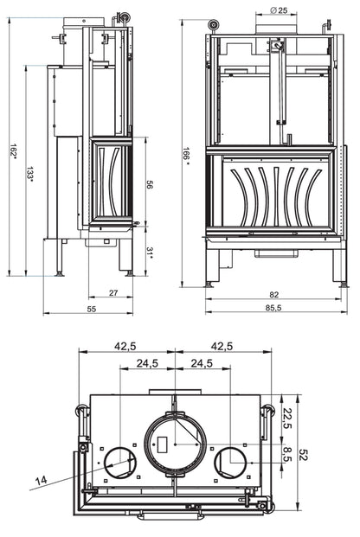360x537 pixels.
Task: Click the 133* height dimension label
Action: click(x=29, y=174)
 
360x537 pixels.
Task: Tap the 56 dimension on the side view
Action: click(x=150, y=184)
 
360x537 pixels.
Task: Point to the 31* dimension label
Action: click(x=150, y=253)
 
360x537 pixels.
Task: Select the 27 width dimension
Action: click(x=113, y=293)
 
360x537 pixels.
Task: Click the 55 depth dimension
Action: click(x=92, y=310)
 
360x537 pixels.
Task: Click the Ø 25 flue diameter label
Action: click(x=279, y=10)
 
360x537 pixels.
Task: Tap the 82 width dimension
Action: click(x=274, y=295)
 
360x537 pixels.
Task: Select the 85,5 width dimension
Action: click(x=273, y=308)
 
